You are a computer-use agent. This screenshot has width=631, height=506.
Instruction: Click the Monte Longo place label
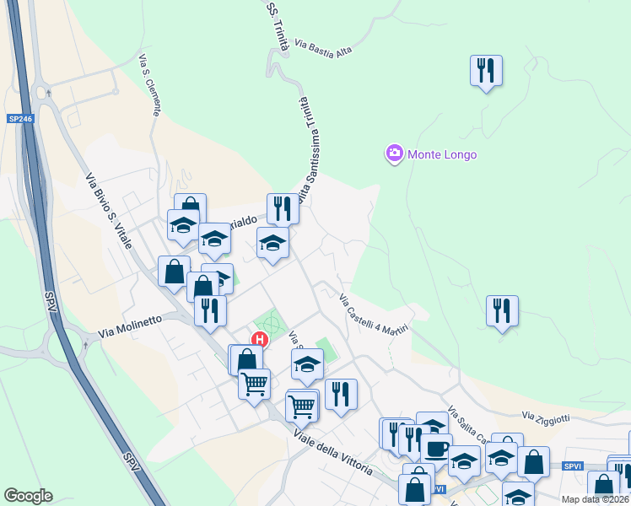(x=442, y=154)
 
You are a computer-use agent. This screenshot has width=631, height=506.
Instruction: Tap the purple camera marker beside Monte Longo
(x=394, y=154)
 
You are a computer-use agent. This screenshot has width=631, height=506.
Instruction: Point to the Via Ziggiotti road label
(x=546, y=417)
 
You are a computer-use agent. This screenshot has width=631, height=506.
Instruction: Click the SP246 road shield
(x=20, y=120)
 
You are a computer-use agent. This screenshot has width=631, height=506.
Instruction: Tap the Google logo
(x=28, y=495)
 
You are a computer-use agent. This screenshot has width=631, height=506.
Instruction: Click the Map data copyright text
(x=596, y=499)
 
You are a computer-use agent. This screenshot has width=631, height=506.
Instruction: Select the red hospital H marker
(x=261, y=340)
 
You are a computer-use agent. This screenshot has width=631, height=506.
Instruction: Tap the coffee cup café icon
(x=436, y=448)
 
